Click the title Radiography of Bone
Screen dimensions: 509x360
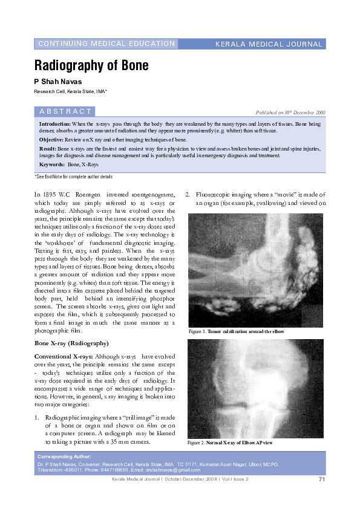click(x=91, y=65)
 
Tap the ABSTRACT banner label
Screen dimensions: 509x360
click(x=65, y=111)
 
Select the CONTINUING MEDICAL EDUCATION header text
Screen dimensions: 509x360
click(x=106, y=44)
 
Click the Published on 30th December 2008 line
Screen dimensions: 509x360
click(x=291, y=112)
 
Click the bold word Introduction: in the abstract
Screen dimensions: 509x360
click(x=54, y=123)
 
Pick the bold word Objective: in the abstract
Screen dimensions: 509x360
click(x=51, y=139)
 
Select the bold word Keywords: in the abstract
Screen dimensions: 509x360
click(x=52, y=164)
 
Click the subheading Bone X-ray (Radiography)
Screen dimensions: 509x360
click(x=71, y=343)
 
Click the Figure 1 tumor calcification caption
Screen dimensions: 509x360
click(x=236, y=332)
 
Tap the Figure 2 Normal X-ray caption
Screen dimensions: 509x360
click(x=231, y=443)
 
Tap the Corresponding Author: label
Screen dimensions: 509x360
click(x=64, y=456)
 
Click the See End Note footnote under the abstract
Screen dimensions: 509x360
click(x=74, y=177)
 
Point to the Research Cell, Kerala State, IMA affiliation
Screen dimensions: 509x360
click(x=70, y=91)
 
